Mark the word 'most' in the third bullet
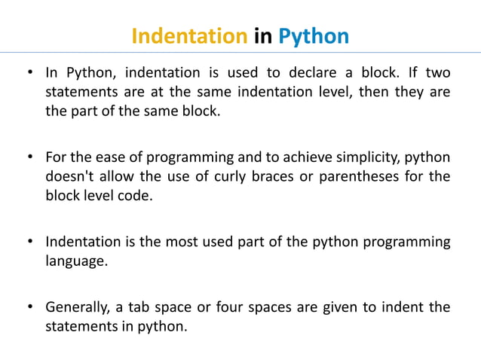click(x=184, y=243)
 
